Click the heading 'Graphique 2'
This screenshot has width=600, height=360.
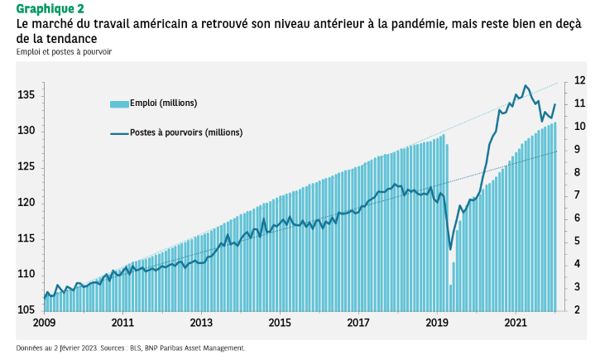pos(50,9)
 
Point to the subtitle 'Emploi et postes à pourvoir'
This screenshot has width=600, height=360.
pos(64,52)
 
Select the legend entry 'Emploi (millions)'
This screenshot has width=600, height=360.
pos(164,103)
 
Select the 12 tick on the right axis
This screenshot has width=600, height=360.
pos(579,80)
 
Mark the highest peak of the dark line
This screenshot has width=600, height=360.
pos(525,85)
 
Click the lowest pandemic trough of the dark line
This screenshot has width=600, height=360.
pos(450,249)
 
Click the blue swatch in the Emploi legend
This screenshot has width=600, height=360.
pos(119,104)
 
